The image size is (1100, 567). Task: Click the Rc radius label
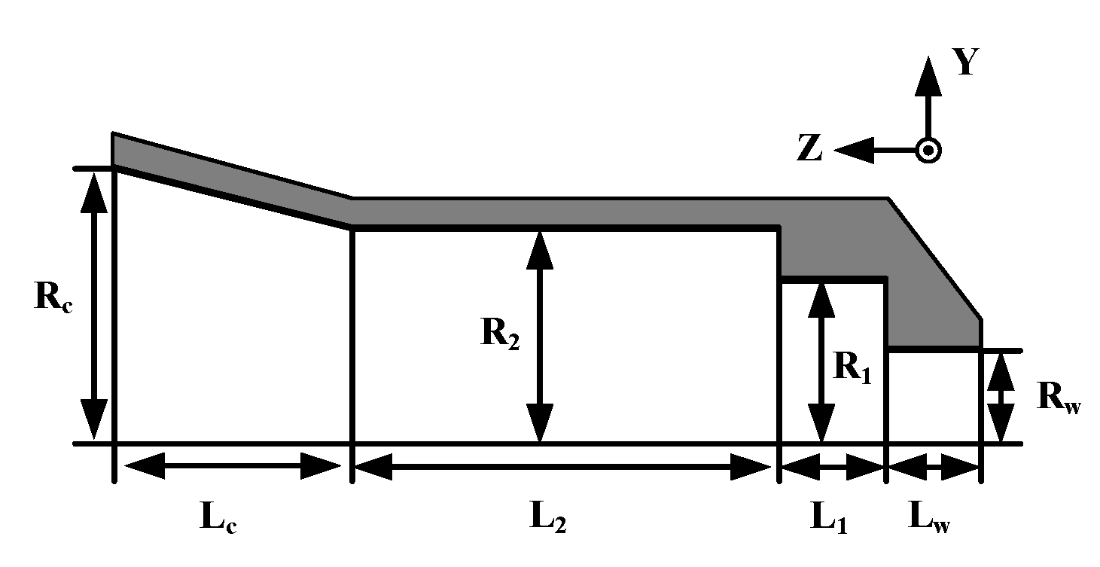coord(53,300)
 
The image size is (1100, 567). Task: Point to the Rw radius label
coord(1059,397)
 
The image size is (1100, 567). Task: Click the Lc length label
coord(218,517)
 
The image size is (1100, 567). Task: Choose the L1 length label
coord(828,517)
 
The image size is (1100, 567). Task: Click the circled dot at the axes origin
coord(928,151)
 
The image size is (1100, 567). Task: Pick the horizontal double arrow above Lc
coord(232,466)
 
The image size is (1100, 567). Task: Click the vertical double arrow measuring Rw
coord(999,397)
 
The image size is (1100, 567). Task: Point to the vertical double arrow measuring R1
coord(821,361)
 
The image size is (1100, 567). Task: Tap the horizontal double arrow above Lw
coord(933,468)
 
